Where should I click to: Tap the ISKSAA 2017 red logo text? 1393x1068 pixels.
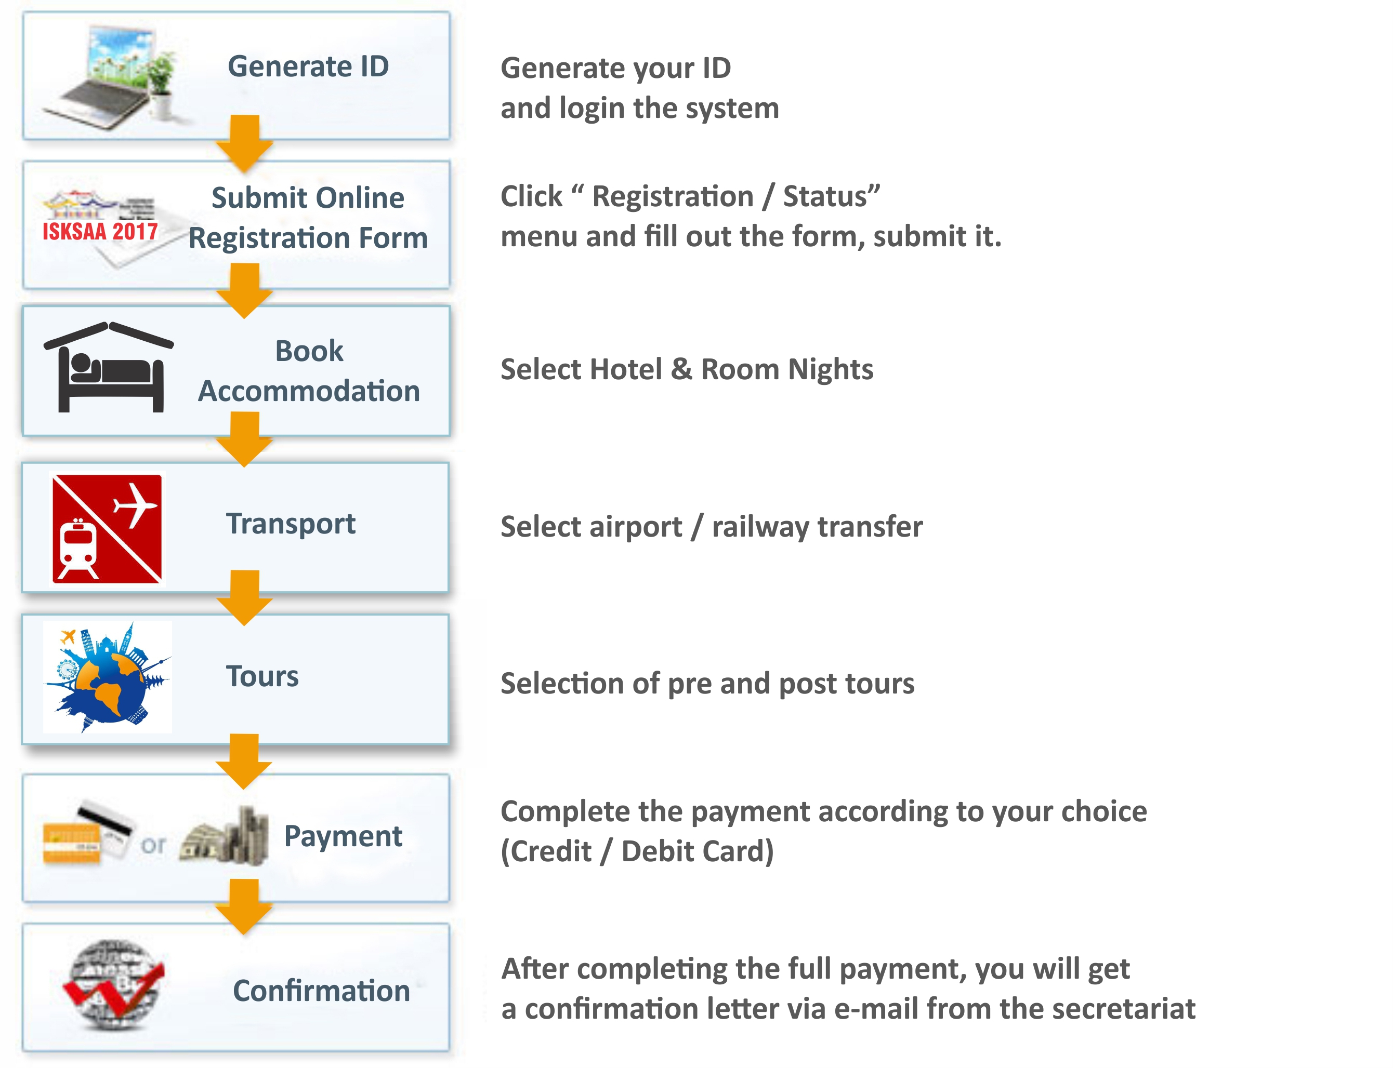[100, 231]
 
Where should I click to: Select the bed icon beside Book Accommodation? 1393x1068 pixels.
[108, 367]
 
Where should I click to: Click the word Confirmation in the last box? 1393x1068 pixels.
[321, 991]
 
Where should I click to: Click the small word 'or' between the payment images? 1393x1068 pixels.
[153, 846]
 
